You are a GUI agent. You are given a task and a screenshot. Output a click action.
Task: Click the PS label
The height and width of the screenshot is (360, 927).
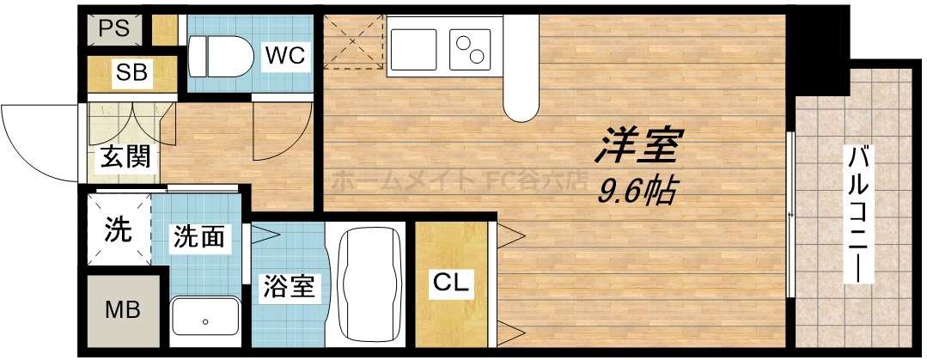click(113, 27)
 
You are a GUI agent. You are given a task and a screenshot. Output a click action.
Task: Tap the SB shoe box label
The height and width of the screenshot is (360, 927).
click(132, 73)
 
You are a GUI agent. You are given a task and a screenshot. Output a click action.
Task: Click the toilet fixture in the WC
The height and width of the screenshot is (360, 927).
click(219, 57)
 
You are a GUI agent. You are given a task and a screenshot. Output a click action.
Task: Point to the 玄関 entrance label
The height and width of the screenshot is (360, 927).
click(126, 156)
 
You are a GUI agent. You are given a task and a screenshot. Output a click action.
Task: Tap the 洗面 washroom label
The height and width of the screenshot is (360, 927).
click(201, 236)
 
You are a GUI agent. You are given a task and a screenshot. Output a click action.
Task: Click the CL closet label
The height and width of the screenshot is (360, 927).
click(450, 284)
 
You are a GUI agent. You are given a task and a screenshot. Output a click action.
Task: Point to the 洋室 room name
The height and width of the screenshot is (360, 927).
click(638, 147)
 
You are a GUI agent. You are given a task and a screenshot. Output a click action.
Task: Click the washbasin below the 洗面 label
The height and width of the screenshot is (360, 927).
click(205, 320)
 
